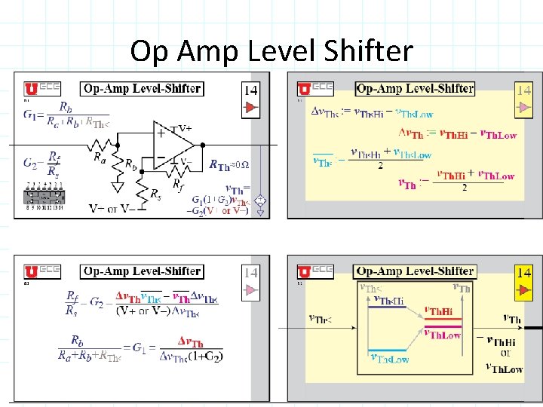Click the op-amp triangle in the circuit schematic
(173, 143)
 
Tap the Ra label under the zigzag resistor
(100, 158)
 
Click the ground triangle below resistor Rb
(119, 185)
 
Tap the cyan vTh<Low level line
(381, 350)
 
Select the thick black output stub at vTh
(533, 328)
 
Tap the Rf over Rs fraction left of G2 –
(72, 303)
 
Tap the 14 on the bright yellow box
(523, 272)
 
